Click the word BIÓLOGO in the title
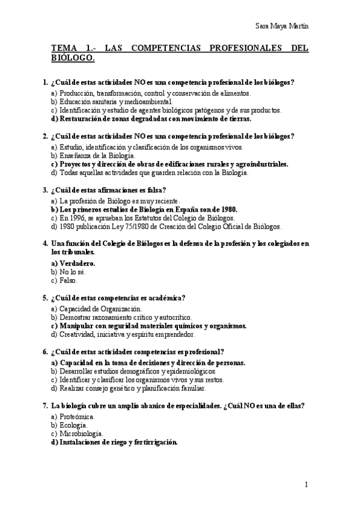point(73,58)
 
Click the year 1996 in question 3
point(79,218)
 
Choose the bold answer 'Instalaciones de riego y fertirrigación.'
point(118,442)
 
